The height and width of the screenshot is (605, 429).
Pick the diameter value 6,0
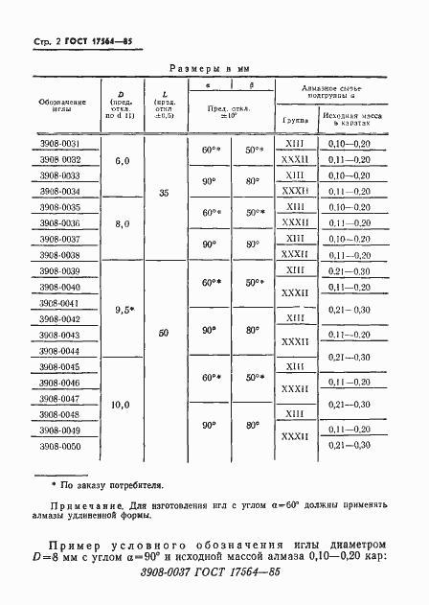pyautogui.click(x=122, y=160)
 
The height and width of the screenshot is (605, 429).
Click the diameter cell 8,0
pyautogui.click(x=122, y=223)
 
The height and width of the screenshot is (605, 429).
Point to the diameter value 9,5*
pyautogui.click(x=122, y=310)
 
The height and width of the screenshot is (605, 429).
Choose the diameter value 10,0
pyautogui.click(x=122, y=405)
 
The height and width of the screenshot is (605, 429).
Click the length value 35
pyautogui.click(x=164, y=193)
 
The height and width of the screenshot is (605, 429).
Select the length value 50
pyautogui.click(x=164, y=331)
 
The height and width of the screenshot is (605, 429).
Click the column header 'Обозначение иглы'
pyautogui.click(x=61, y=105)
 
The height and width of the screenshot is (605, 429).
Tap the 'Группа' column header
pyautogui.click(x=294, y=121)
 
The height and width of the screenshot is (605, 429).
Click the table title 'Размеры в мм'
pyautogui.click(x=214, y=69)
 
